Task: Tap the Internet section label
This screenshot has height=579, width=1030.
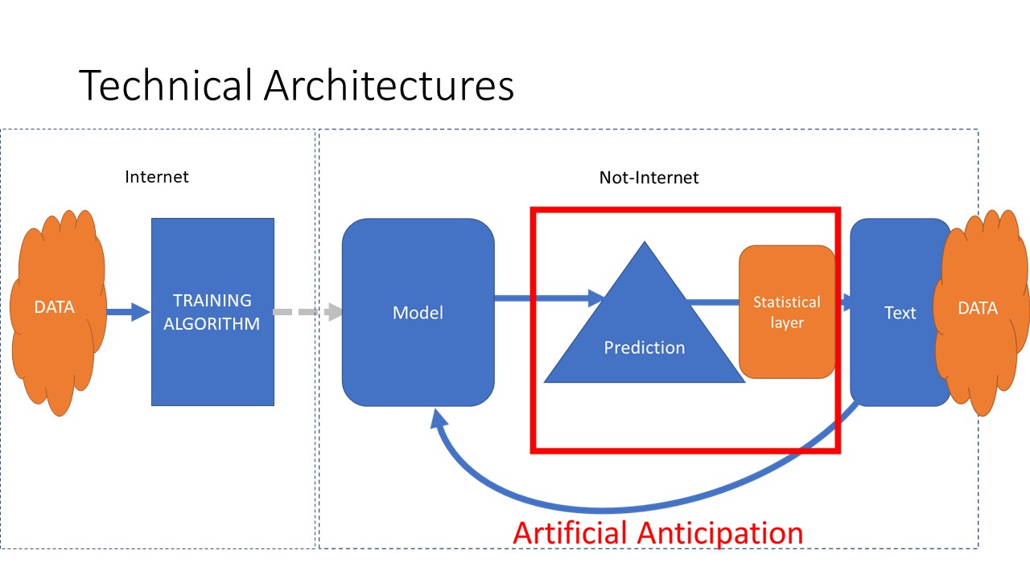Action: coord(157,177)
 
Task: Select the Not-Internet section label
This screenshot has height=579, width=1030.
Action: coord(649,178)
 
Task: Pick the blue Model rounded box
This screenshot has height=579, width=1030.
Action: coord(418,354)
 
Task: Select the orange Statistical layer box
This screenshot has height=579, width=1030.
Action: coord(787,346)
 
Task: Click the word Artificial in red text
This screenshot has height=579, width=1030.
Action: coord(571,533)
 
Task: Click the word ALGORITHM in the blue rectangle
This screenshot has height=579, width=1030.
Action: coord(212,324)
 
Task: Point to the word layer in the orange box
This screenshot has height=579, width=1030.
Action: coord(787,322)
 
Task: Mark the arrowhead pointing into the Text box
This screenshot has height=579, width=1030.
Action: coord(849,302)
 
